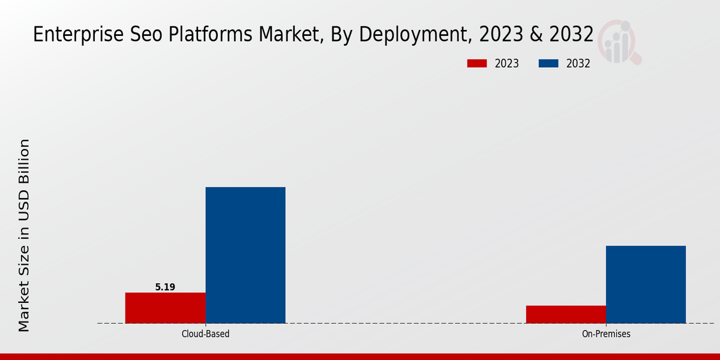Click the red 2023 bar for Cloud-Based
tap(165, 308)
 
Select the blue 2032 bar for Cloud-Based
tap(245, 255)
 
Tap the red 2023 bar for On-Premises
tap(566, 314)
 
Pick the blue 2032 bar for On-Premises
tap(646, 284)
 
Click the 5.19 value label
tap(165, 287)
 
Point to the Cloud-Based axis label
tap(205, 334)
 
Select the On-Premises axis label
tap(606, 334)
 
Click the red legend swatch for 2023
tap(477, 64)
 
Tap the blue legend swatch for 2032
tap(549, 64)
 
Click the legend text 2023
tap(506, 64)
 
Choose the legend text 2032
tap(578, 64)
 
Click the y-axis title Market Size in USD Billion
tap(24, 235)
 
